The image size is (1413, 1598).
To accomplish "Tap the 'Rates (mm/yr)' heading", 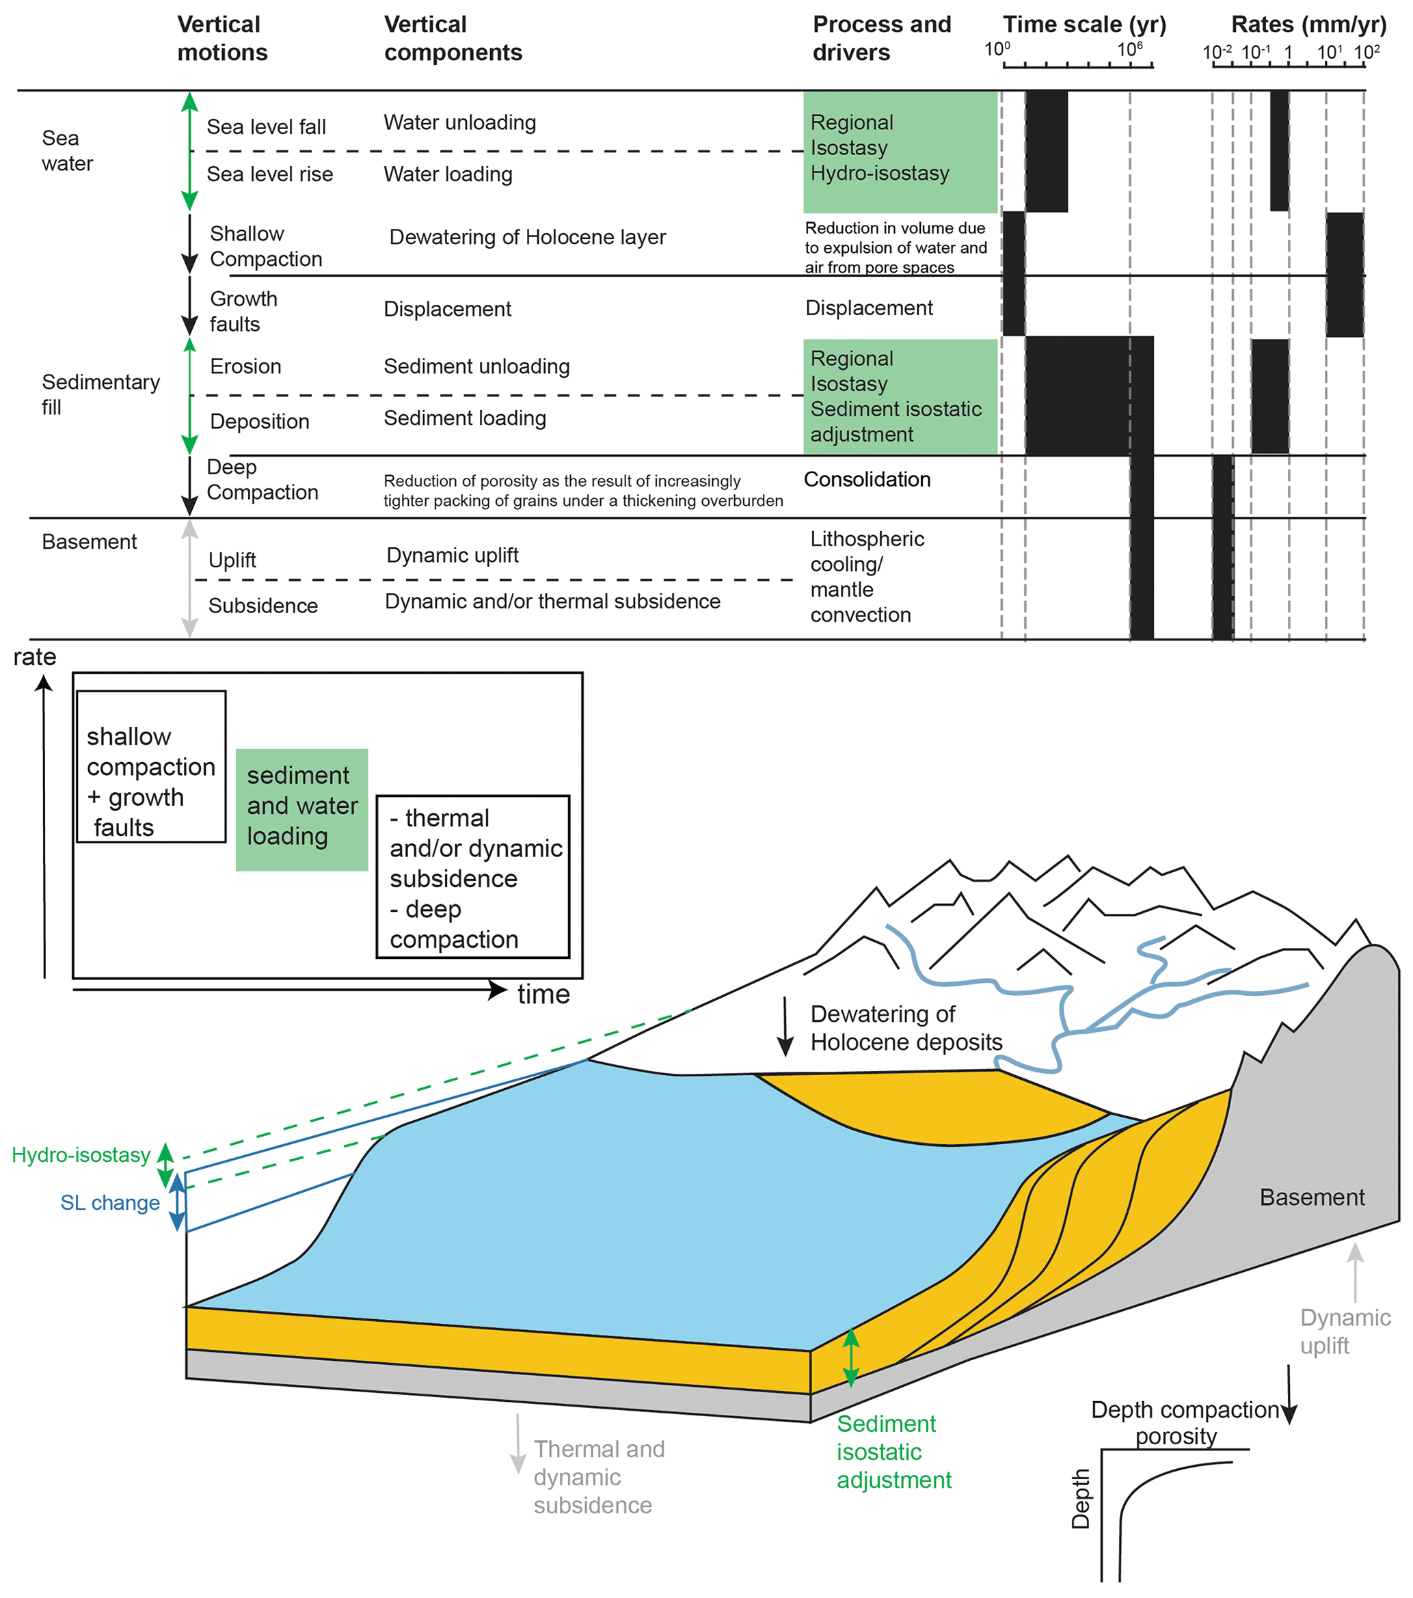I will pyautogui.click(x=1308, y=25).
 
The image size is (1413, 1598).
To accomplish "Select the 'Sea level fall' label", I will pyautogui.click(x=266, y=126).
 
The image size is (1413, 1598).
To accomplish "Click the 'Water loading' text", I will pyautogui.click(x=447, y=174).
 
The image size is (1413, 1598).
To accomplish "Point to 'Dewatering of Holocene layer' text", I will pyautogui.click(x=527, y=237).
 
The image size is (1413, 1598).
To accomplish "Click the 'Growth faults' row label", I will pyautogui.click(x=243, y=311).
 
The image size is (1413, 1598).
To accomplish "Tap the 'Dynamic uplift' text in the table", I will pyautogui.click(x=452, y=555).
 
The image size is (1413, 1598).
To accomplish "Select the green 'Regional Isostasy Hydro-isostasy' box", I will pyautogui.click(x=899, y=151).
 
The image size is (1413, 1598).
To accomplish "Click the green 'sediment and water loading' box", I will pyautogui.click(x=302, y=809).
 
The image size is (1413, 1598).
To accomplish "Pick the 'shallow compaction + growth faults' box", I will pyautogui.click(x=151, y=766).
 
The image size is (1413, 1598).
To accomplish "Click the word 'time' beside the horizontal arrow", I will pyautogui.click(x=543, y=994).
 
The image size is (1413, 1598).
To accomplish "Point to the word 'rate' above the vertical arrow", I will pyautogui.click(x=34, y=657).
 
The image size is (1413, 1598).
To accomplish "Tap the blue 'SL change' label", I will pyautogui.click(x=110, y=1202).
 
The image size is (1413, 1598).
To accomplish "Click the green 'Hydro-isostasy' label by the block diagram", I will pyautogui.click(x=81, y=1154).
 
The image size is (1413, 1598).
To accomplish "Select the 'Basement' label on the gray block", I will pyautogui.click(x=1311, y=1197).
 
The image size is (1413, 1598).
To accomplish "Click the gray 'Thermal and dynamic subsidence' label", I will pyautogui.click(x=598, y=1477).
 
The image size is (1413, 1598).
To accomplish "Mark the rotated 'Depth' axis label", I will pyautogui.click(x=1080, y=1498).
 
